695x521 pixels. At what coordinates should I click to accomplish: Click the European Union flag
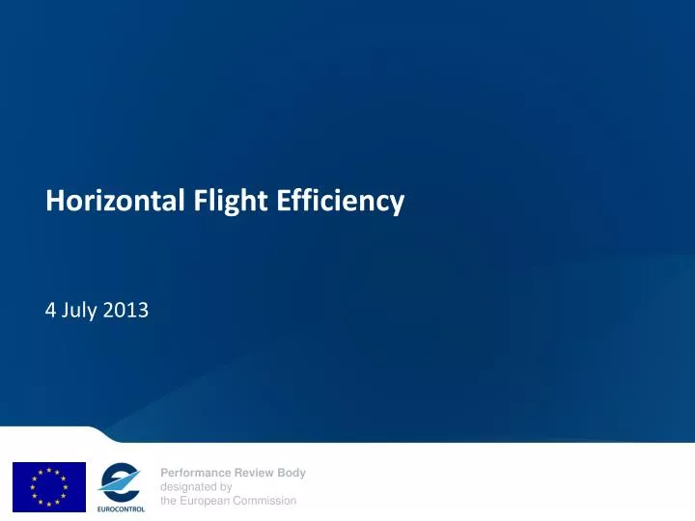[49, 486]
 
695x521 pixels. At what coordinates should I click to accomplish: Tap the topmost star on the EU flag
[49, 470]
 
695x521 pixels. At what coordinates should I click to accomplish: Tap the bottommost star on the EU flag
[49, 503]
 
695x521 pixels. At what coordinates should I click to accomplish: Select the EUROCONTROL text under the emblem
[121, 507]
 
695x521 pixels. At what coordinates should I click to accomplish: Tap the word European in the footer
[207, 501]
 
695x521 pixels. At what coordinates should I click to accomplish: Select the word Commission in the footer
[267, 501]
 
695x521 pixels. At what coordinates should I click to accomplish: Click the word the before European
[169, 501]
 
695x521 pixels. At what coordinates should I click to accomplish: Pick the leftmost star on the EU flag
[33, 486]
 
